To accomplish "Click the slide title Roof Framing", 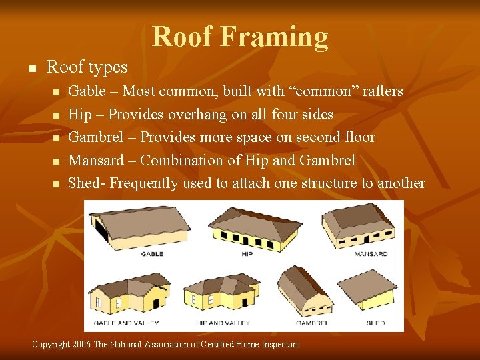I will coord(240,37).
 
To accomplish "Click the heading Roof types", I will coord(87,67).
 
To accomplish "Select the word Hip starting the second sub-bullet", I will coord(81,114).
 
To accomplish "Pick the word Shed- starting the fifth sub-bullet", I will coord(87,183).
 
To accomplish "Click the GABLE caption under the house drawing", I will coord(152,254).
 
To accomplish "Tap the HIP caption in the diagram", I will coord(246,254).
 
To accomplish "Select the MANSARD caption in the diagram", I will coord(371,254).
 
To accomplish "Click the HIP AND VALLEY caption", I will coord(223,323).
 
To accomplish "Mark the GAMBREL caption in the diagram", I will coord(312,323).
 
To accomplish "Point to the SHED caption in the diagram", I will coord(375,323).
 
